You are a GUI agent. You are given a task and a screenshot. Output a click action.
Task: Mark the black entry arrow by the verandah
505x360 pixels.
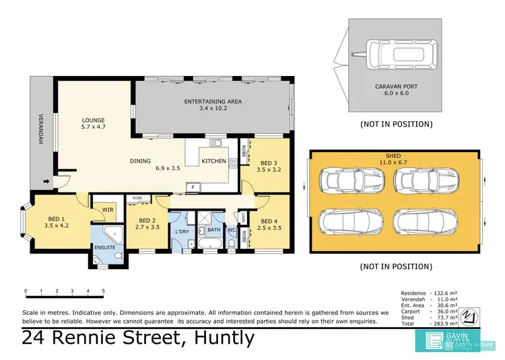tap(45, 181)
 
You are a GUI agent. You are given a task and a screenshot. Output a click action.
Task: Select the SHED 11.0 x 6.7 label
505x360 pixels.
tap(396, 159)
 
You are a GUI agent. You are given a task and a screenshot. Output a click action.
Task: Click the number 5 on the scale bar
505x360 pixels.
tap(103, 291)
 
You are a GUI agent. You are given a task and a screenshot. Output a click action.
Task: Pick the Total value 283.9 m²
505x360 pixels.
tap(443, 324)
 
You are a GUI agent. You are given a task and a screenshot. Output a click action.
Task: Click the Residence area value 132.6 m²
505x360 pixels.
tap(443, 293)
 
